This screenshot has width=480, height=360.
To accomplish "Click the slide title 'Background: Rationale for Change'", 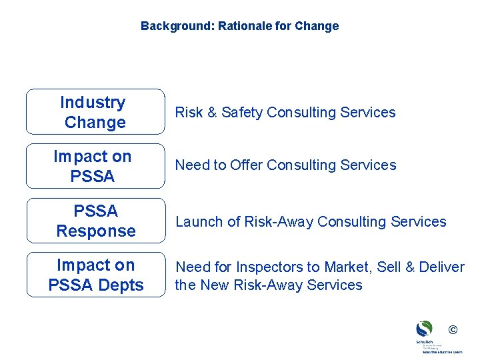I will click(239, 26).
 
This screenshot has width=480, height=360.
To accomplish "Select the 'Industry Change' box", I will click(95, 112).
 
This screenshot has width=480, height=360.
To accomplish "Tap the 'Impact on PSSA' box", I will click(95, 166).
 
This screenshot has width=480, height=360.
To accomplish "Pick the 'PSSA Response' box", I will click(95, 221).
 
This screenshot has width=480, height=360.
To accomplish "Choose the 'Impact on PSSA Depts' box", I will click(95, 275).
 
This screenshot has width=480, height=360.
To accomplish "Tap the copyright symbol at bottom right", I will click(453, 329).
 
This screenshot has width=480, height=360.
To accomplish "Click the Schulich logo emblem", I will click(424, 329).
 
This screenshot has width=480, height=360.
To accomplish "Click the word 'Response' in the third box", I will click(95, 231).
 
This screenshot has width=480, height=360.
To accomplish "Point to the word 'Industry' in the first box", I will click(93, 102).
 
